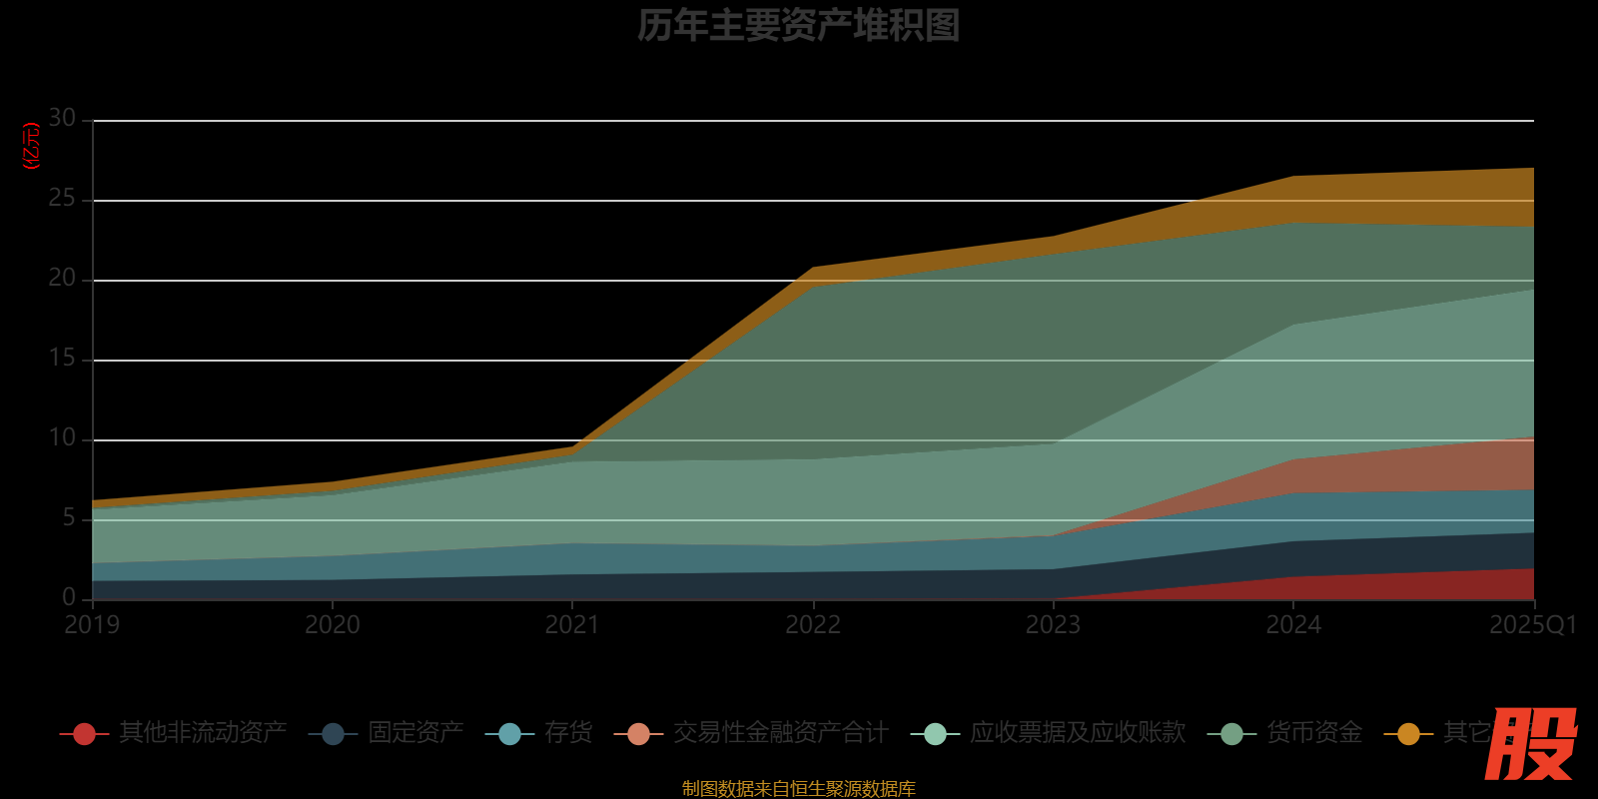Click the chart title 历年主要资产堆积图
coord(798,26)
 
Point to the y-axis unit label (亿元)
coord(32,146)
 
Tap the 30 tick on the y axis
coord(62,119)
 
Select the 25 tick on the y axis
coord(62,199)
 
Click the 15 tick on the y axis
coord(62,359)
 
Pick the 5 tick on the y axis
coord(69,518)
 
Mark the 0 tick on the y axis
coord(69,597)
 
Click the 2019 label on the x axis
coord(92,625)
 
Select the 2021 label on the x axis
coord(572,625)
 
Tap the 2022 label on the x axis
coord(813,625)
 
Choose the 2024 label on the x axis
coord(1293,625)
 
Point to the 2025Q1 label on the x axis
coord(1533,625)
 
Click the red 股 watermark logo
coord(1530,744)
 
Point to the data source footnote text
coord(798,789)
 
